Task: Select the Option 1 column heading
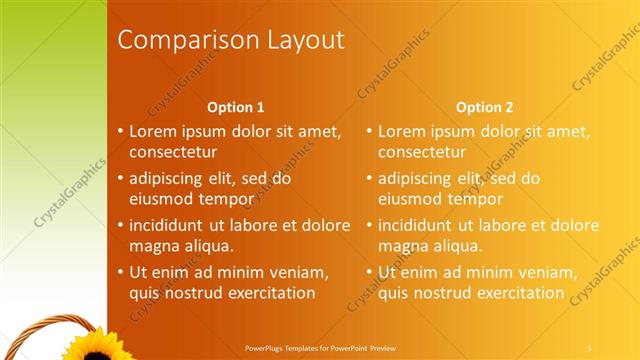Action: coord(236,107)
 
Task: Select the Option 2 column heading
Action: coord(485,107)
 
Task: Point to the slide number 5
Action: coord(590,347)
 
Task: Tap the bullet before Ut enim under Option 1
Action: coord(121,272)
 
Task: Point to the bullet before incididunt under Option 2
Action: coord(370,225)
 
